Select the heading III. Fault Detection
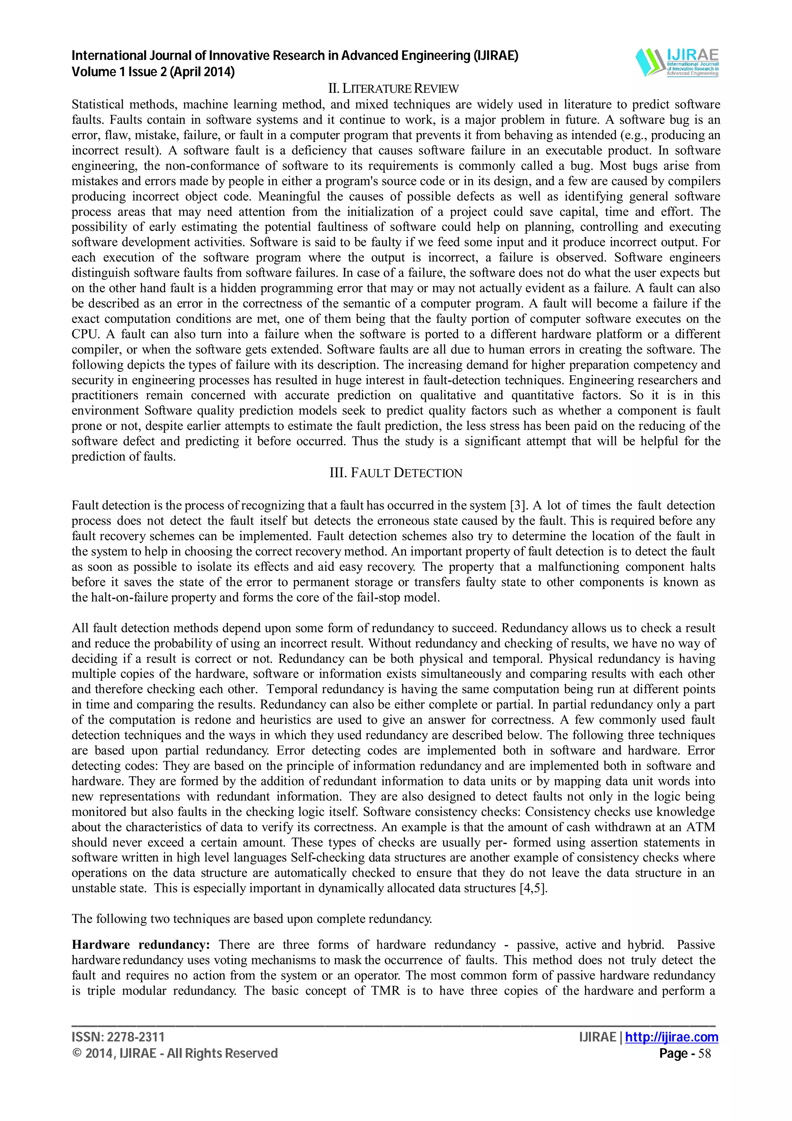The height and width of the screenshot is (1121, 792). point(396,473)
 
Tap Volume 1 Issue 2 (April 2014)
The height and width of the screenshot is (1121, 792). point(153,72)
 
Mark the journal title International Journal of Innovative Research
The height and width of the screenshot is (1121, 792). point(295,56)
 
